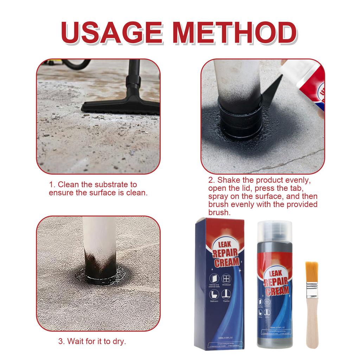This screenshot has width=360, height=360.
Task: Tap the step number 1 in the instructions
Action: (51, 185)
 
